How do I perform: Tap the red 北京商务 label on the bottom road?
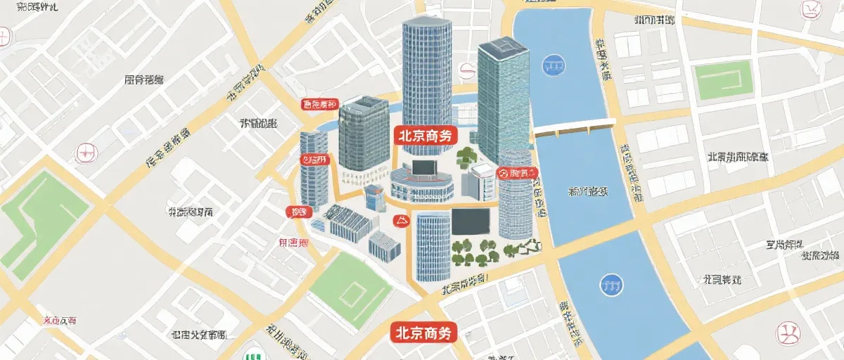pyautogui.click(x=423, y=332)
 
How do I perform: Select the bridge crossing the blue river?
pyautogui.click(x=573, y=129)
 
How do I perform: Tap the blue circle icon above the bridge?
pyautogui.click(x=554, y=66)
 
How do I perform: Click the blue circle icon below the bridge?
pyautogui.click(x=610, y=285)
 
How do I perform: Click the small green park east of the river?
pyautogui.click(x=724, y=80)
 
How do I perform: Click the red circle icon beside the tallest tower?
pyautogui.click(x=466, y=70)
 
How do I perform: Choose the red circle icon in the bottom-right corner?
pyautogui.click(x=787, y=332)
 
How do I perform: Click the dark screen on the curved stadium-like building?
pyautogui.click(x=423, y=168)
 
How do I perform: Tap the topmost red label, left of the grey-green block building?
pyautogui.click(x=319, y=105)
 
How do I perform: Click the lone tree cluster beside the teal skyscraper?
pyautogui.click(x=466, y=157)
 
